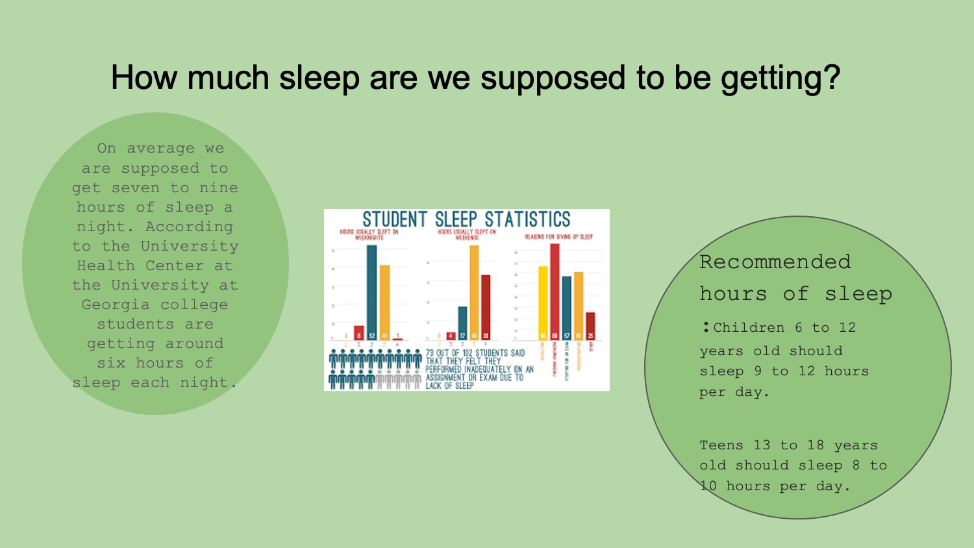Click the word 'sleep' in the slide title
(x=319, y=78)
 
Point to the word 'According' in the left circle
(x=189, y=227)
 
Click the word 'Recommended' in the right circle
(x=775, y=262)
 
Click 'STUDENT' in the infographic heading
(x=394, y=219)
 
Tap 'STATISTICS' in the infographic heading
(x=527, y=219)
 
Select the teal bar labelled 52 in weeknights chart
(x=371, y=289)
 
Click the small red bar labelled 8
(x=358, y=332)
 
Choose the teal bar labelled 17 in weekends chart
(x=462, y=321)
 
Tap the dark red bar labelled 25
(x=590, y=325)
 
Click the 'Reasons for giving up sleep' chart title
(x=558, y=237)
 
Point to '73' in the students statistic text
(x=430, y=353)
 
